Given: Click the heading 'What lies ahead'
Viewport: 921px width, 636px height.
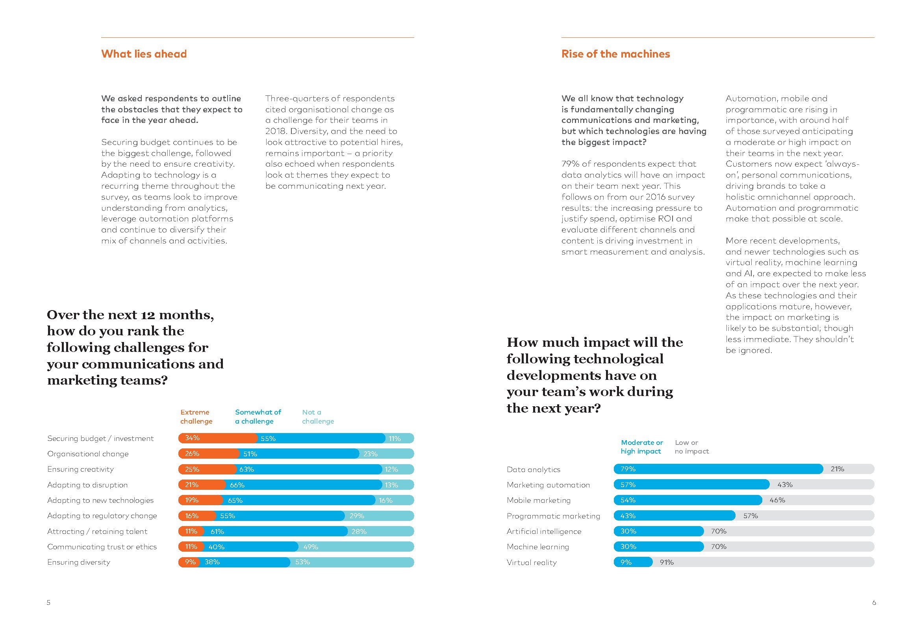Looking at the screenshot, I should coord(144,54).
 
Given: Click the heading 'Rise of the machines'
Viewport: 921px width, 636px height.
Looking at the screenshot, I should coord(615,54).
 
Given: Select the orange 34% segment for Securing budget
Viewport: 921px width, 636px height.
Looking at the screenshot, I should coord(217,438).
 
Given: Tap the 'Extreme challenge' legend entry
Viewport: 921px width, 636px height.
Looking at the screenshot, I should coord(196,417).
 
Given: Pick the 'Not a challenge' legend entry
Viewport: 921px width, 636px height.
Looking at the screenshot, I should coord(317,417).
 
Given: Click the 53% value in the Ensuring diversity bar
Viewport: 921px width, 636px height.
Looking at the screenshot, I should coord(302,562).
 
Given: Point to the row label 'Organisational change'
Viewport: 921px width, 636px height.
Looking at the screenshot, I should coord(87,454).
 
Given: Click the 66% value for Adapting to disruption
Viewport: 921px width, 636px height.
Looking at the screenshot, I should coord(237,485).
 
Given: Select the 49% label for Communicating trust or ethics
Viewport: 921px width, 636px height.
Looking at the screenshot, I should coord(311,547).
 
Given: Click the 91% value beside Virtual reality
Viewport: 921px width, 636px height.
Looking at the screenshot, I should coord(667,562).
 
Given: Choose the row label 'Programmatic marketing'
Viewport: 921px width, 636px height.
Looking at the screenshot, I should coord(553,516).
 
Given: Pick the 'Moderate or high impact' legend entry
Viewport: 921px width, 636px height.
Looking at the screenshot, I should coord(641,447).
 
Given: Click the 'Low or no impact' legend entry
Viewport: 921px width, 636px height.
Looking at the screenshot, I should coord(692,447).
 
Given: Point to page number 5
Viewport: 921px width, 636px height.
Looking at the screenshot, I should coord(48,603).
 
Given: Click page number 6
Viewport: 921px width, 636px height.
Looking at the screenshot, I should coord(874,603).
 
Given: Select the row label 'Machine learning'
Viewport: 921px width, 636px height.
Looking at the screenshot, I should coord(537,547).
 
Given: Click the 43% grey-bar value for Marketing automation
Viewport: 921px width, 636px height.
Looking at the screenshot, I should coord(785,485).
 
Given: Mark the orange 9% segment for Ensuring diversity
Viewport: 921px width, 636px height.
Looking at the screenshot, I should coord(189,562).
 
